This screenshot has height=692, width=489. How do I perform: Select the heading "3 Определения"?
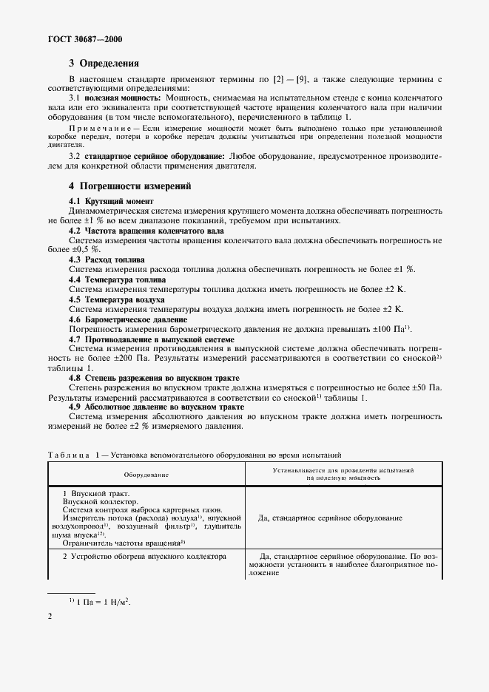click(104, 64)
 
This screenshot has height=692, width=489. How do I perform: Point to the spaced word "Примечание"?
click(102, 129)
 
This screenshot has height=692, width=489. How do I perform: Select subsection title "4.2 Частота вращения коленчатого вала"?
click(145, 230)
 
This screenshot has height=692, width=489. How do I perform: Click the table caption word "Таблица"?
click(69, 455)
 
